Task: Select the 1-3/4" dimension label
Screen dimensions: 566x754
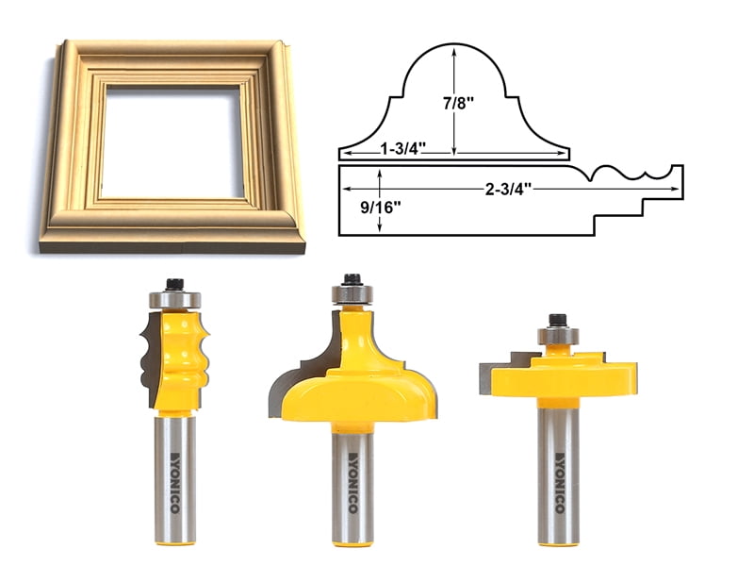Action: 403,147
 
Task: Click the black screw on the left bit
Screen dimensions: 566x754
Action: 174,283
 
